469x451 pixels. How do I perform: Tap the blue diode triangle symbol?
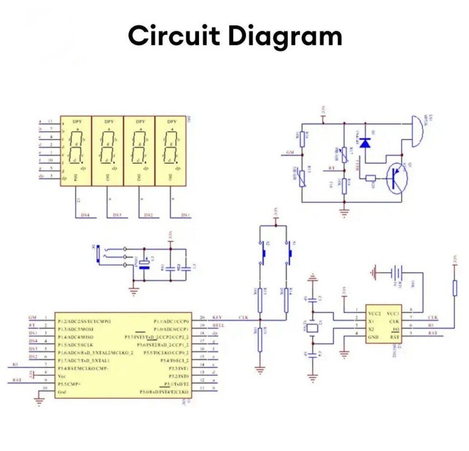click(x=365, y=142)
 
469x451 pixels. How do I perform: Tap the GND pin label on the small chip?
click(x=374, y=337)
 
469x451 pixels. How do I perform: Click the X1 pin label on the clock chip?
click(x=372, y=321)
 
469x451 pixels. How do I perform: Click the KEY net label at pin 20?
click(x=217, y=317)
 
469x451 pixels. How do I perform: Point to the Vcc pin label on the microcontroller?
click(x=61, y=376)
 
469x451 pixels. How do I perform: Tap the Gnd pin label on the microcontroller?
click(x=61, y=392)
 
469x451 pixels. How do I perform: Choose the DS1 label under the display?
click(x=186, y=215)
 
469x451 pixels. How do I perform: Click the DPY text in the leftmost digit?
click(x=77, y=122)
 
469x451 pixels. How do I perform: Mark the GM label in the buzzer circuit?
click(x=290, y=152)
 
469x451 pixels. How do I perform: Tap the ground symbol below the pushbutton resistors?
click(x=260, y=370)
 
